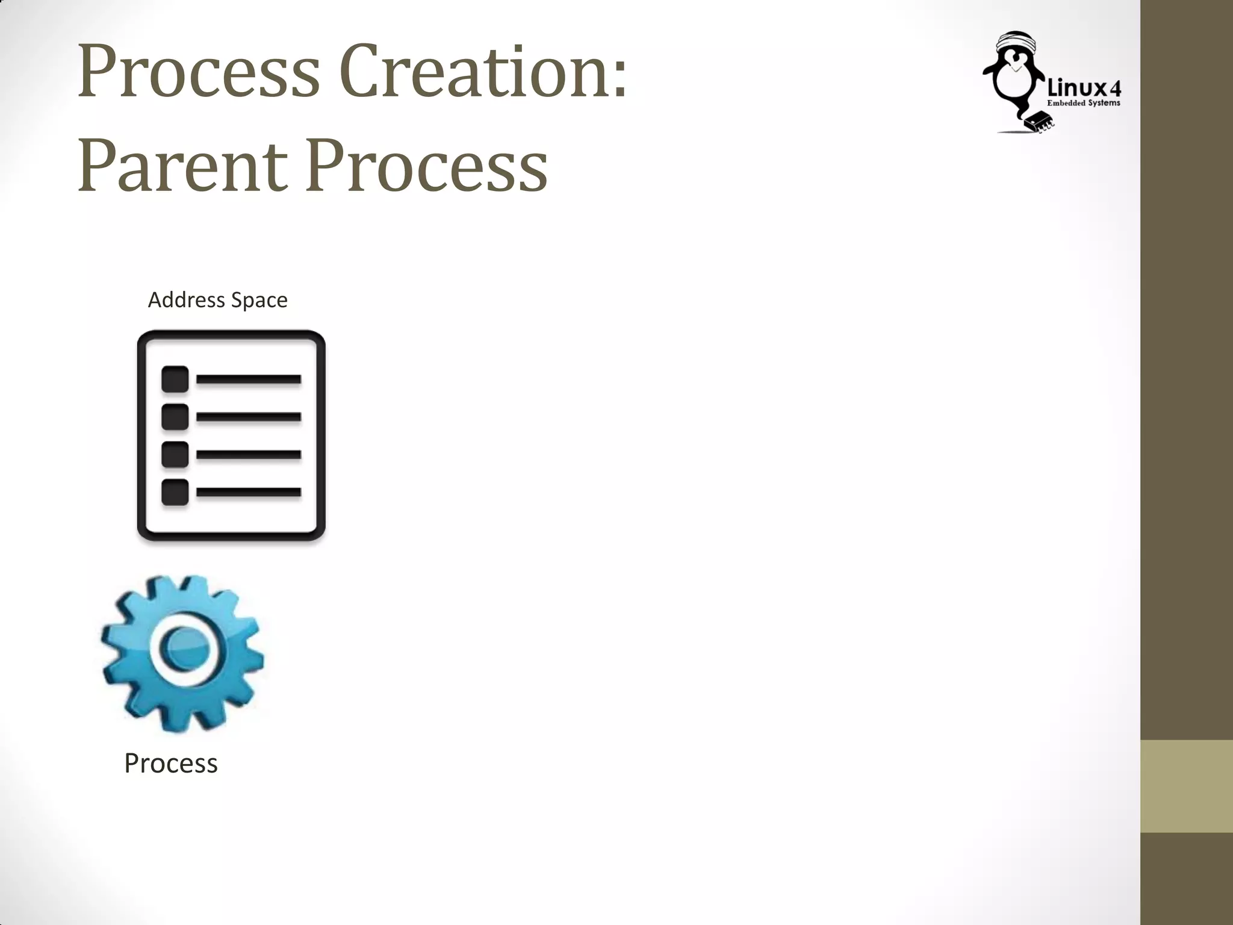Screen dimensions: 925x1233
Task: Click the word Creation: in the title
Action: coord(484,72)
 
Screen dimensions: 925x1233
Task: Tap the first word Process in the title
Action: coord(199,72)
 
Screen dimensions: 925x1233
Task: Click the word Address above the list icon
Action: coord(186,300)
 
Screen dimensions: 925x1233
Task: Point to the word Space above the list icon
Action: coord(259,301)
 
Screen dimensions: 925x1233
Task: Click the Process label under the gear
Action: coord(171,763)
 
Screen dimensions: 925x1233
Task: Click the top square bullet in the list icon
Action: coord(175,379)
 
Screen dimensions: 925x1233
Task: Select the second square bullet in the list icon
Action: coord(175,417)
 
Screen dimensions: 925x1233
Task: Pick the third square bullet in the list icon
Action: coord(175,455)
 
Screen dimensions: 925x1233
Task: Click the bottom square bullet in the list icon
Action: coord(175,492)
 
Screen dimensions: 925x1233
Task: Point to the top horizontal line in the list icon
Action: coord(249,379)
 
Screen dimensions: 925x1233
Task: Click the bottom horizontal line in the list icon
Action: coord(249,492)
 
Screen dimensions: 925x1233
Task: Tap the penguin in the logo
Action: coord(1013,81)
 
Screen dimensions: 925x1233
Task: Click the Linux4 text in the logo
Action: coord(1084,89)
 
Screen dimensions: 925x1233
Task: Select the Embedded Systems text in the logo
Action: coord(1084,103)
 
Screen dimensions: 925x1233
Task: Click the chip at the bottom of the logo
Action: coord(1039,121)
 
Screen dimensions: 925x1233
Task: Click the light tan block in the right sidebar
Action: coord(1186,786)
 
